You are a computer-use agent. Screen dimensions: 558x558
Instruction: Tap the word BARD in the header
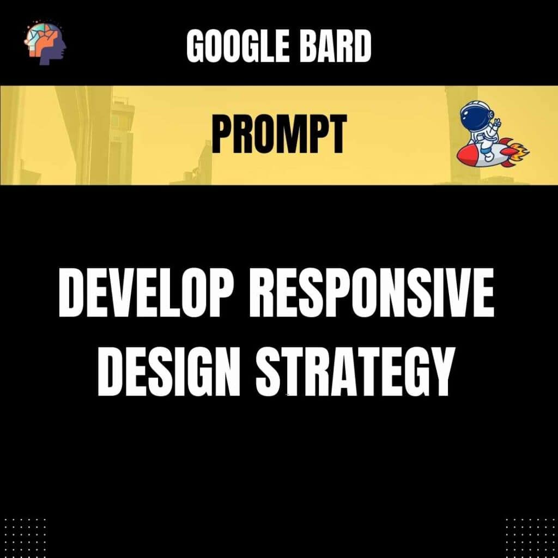(335, 46)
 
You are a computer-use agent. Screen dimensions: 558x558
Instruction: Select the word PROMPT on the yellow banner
(279, 134)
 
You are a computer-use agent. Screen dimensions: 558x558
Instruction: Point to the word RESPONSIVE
(372, 293)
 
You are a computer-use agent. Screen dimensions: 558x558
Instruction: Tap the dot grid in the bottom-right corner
(531, 538)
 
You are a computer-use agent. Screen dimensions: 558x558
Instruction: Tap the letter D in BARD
(361, 46)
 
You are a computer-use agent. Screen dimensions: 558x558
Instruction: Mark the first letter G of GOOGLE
(196, 46)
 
